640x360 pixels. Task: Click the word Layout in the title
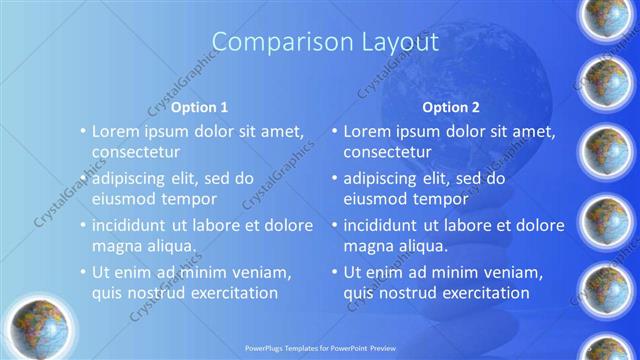(396, 42)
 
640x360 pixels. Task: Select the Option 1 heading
(199, 106)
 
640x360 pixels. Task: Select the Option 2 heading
(451, 106)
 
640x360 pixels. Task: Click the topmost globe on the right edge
(607, 18)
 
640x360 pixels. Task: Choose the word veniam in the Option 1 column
(263, 272)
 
